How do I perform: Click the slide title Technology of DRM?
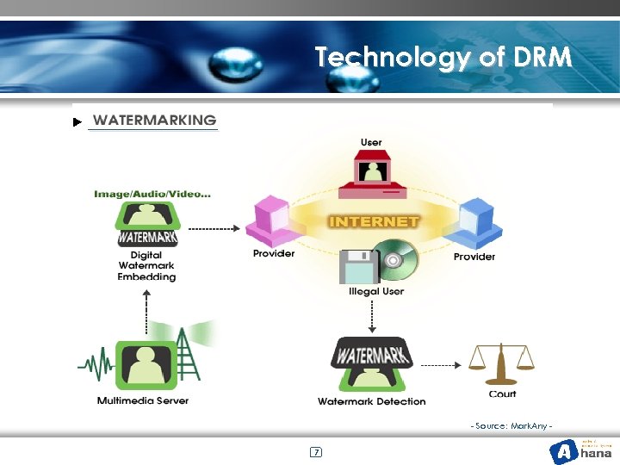(443, 58)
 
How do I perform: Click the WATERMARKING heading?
(154, 120)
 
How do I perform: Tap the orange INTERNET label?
(374, 221)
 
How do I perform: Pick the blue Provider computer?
(477, 222)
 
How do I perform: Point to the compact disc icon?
(395, 259)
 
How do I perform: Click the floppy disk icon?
(358, 267)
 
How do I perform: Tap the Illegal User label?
(375, 292)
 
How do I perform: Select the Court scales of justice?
(501, 363)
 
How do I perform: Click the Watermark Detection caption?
(371, 401)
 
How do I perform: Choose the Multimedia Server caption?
(143, 400)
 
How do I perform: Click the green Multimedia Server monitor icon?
(144, 364)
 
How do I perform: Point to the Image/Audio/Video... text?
(152, 194)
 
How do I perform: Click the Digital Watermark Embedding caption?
(146, 266)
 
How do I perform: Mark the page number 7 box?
(316, 452)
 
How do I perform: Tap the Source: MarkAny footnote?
(511, 427)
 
